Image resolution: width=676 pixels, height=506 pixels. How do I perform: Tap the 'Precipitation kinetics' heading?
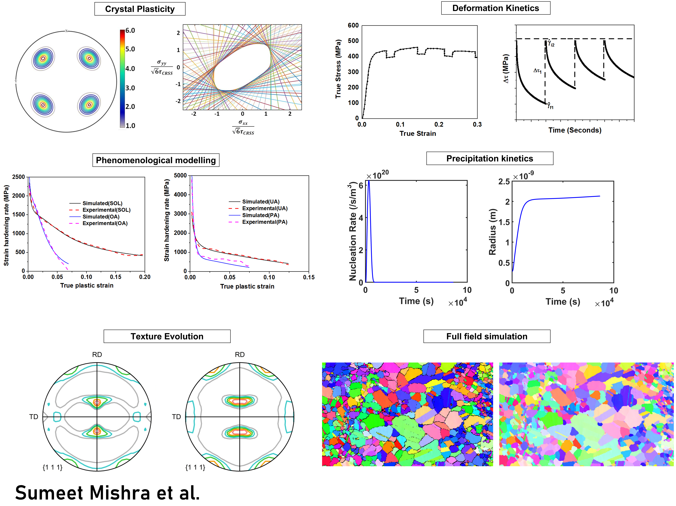pos(490,158)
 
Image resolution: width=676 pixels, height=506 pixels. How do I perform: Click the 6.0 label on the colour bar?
pos(130,31)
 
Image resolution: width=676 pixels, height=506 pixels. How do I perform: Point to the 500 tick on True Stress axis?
pos(353,41)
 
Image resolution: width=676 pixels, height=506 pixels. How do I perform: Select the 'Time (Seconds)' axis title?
pos(575,130)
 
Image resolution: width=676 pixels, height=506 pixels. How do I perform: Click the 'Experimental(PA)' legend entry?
pos(265,222)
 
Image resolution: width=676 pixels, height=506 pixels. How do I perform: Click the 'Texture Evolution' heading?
pos(167,336)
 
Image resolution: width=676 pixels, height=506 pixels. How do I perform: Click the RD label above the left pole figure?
pos(97,355)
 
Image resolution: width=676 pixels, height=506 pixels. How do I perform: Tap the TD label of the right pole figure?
pos(176,417)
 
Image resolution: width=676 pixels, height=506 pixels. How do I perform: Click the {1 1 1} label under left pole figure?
pos(53,468)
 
